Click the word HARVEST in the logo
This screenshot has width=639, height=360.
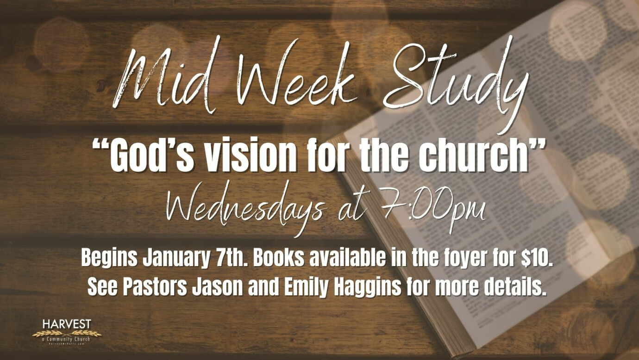pyautogui.click(x=67, y=323)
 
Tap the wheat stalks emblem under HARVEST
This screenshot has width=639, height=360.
pyautogui.click(x=67, y=333)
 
